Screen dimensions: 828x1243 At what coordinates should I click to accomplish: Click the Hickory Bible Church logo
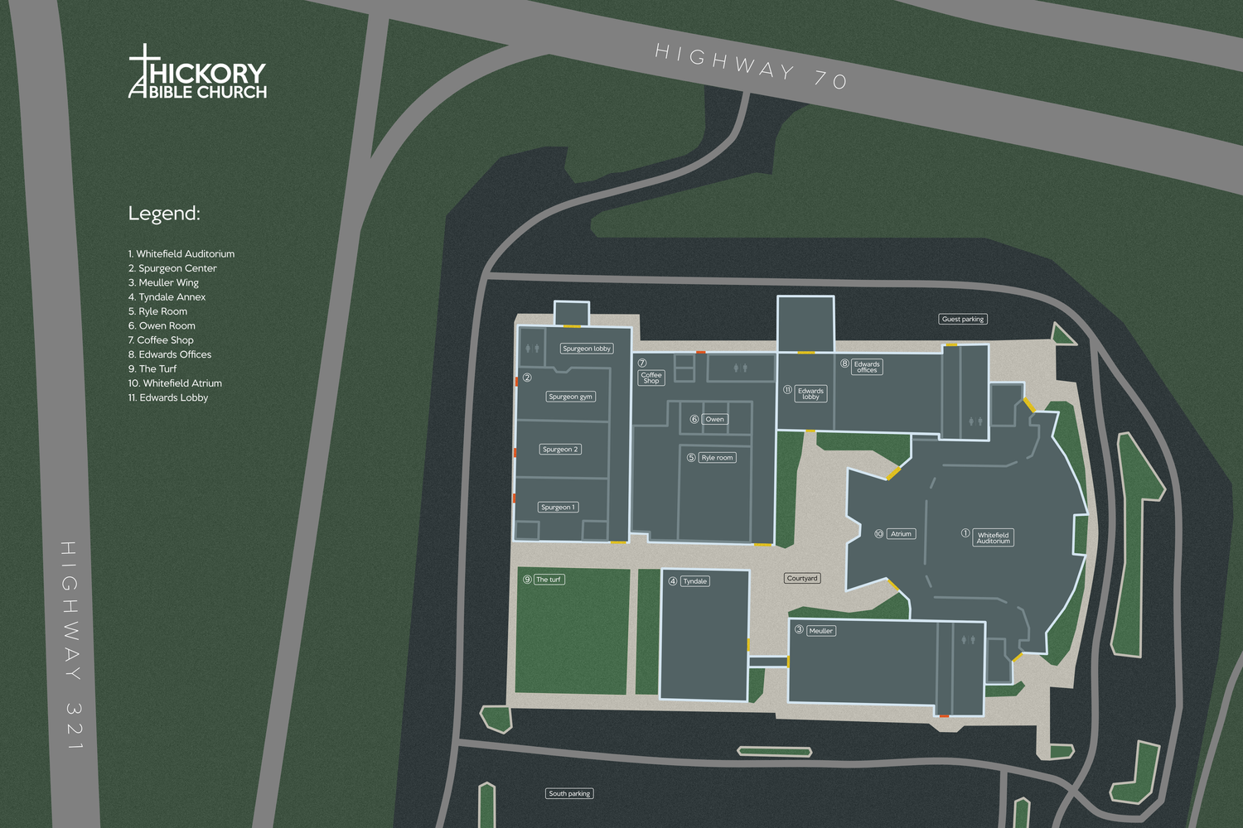[197, 72]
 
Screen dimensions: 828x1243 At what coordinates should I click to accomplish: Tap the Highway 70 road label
[751, 65]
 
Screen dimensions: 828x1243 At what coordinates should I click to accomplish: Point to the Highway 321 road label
[72, 646]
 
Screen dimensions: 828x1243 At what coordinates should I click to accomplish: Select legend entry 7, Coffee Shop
[161, 340]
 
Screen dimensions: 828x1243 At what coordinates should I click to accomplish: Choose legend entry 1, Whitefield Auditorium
[181, 254]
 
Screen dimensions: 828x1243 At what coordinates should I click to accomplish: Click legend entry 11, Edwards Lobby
[168, 397]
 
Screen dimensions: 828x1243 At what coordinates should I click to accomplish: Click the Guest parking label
[963, 319]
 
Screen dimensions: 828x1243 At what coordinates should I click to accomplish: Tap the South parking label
[569, 793]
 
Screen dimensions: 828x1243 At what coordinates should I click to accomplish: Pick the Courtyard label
[802, 578]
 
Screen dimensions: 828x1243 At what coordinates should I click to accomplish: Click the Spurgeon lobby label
[587, 349]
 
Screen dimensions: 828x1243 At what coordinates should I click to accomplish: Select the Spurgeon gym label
[571, 397]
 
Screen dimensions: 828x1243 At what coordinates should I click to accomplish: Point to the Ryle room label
[717, 457]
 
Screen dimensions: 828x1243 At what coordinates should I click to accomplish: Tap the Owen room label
[714, 419]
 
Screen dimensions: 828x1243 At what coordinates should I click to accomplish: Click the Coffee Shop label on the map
[651, 378]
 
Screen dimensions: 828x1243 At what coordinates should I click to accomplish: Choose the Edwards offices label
[867, 367]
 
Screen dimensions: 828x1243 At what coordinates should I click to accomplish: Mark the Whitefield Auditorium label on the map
[993, 537]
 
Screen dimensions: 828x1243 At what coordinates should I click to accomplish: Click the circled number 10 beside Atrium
[878, 534]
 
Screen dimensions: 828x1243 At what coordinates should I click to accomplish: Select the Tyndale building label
[695, 581]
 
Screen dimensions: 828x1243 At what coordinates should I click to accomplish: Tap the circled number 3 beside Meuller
[799, 629]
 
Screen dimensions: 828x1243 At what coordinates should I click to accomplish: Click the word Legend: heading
[164, 214]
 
